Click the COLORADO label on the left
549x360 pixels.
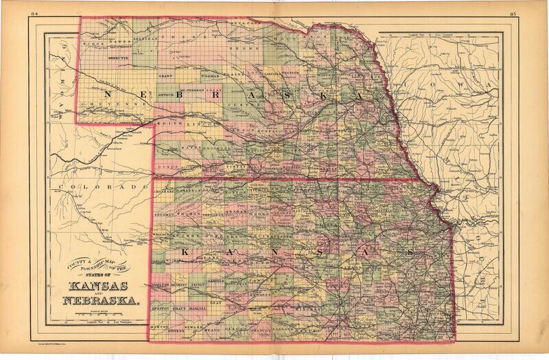point(103,187)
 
